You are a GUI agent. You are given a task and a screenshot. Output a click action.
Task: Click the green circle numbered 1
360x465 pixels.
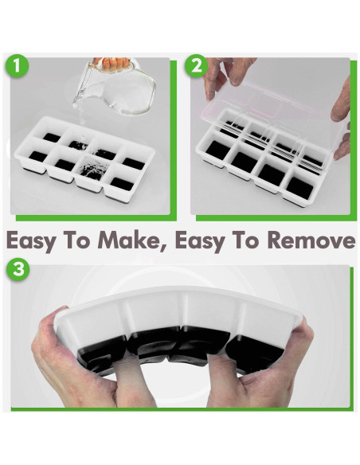click(17, 65)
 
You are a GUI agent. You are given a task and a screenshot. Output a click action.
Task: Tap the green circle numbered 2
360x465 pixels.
click(197, 65)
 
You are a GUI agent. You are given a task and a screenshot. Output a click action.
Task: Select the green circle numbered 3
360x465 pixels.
click(18, 270)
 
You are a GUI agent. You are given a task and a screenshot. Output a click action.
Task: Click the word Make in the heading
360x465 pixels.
click(131, 240)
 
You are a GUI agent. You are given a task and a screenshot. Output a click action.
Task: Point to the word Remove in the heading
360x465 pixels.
click(311, 240)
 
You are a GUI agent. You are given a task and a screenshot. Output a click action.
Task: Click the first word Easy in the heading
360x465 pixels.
click(30, 240)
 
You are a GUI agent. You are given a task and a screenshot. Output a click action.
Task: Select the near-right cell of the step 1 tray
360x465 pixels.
click(122, 184)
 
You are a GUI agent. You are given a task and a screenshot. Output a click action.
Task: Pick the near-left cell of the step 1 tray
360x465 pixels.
click(38, 156)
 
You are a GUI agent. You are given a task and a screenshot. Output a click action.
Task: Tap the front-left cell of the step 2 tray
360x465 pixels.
click(218, 148)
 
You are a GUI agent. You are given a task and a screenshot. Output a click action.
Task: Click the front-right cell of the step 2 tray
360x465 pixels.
click(300, 187)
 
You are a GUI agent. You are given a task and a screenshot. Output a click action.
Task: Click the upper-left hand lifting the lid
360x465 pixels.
click(225, 74)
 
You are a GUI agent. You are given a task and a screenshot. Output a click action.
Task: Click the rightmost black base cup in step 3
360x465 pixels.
click(255, 347)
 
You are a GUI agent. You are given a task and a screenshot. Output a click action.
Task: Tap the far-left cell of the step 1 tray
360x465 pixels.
click(52, 137)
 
